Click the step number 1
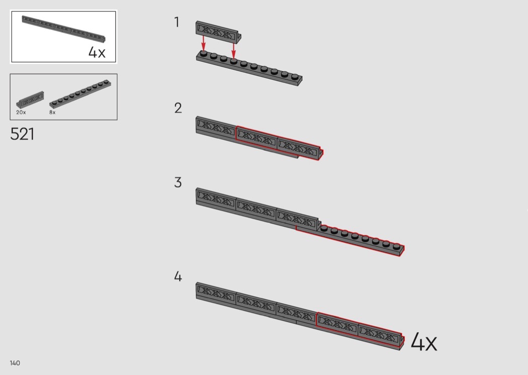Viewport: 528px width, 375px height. point(177,22)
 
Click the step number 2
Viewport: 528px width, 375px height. point(178,108)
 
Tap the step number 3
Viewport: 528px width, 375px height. point(178,182)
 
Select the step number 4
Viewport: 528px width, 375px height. point(178,276)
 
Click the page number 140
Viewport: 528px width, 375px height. point(15,363)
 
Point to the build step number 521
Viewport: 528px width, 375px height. point(22,134)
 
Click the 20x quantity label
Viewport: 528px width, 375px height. point(21,113)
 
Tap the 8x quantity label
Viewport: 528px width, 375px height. point(52,113)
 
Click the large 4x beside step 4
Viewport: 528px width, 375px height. point(423,342)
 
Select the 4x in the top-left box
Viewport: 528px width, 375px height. point(97,52)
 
